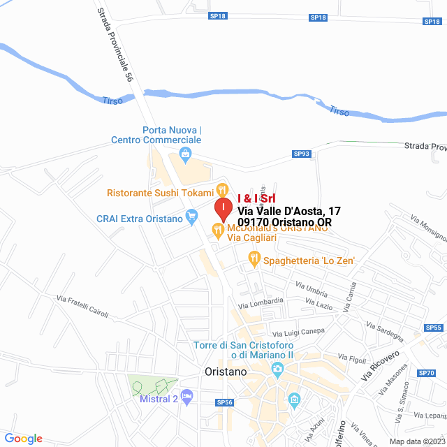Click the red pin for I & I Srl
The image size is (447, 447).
pyautogui.click(x=222, y=208)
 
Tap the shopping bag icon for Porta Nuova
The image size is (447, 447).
pyautogui.click(x=184, y=154)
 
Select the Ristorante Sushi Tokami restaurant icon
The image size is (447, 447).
pyautogui.click(x=221, y=189)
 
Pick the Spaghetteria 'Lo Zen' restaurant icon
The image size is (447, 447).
pyautogui.click(x=254, y=260)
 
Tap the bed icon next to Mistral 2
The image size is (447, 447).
pyautogui.click(x=186, y=397)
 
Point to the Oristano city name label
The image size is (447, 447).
pyautogui.click(x=226, y=372)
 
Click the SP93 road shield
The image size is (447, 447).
pyautogui.click(x=301, y=154)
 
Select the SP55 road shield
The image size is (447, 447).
pyautogui.click(x=433, y=327)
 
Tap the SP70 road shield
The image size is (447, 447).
pyautogui.click(x=427, y=373)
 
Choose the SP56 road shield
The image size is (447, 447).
pyautogui.click(x=223, y=402)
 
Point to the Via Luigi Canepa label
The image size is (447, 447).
pyautogui.click(x=298, y=332)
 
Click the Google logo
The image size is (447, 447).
pyautogui.click(x=24, y=439)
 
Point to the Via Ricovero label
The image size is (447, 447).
pyautogui.click(x=380, y=365)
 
